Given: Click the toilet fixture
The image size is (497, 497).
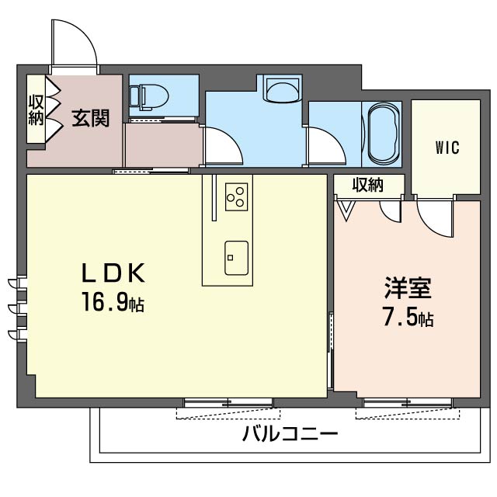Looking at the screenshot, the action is point(149,97).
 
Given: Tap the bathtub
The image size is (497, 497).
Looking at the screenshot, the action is point(383,134).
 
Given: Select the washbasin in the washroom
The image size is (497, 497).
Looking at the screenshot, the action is point(283,89).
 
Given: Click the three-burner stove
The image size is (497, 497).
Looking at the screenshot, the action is point(236,196).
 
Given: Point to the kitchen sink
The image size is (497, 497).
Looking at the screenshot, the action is point(236,258).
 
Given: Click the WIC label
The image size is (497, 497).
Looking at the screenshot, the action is point(447,148).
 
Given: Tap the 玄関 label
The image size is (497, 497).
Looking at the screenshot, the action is point(91,118).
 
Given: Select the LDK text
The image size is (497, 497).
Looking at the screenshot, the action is point(113,273).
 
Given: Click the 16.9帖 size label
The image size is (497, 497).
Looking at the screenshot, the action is point(113,302).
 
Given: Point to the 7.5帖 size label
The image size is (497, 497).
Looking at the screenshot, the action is point(408,317).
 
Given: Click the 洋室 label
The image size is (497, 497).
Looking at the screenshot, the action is point(408,288).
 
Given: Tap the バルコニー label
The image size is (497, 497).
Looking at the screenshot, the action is point(290,433).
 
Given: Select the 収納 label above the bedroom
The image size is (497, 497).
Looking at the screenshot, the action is point(368,185).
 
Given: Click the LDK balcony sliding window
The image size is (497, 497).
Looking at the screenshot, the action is point(228,403).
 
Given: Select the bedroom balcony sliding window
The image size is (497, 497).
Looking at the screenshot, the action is point(408,403).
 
